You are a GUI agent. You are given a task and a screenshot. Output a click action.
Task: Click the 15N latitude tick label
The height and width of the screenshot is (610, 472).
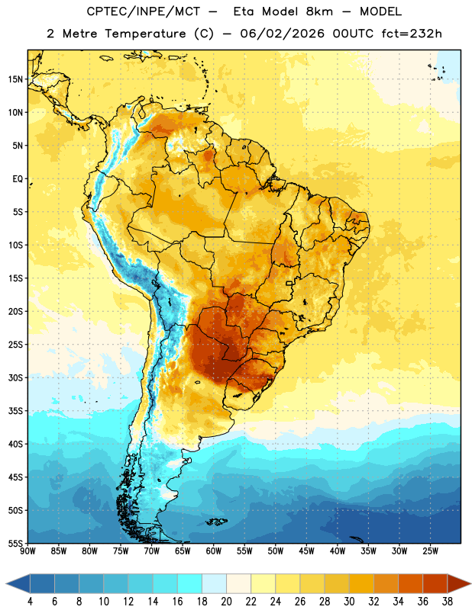(15, 79)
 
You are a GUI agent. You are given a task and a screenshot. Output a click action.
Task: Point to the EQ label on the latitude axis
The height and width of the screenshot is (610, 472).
(18, 179)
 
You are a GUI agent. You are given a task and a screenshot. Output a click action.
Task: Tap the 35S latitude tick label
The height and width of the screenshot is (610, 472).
(15, 411)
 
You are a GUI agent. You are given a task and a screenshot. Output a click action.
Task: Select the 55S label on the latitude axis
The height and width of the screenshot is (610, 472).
(15, 543)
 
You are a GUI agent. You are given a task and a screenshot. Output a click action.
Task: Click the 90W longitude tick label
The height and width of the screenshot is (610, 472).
(27, 551)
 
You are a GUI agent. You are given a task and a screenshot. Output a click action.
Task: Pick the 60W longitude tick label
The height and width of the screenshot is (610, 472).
(214, 551)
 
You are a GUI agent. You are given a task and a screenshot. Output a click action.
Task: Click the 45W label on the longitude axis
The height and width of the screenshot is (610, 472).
(307, 551)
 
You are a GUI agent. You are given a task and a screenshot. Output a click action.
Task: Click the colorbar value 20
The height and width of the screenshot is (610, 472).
(226, 602)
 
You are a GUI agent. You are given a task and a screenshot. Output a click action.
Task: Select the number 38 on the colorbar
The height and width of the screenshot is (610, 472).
(447, 602)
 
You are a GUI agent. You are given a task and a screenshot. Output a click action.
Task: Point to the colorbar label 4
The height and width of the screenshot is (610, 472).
(30, 602)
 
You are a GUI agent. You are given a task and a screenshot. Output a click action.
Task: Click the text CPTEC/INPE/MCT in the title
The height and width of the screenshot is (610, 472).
(143, 11)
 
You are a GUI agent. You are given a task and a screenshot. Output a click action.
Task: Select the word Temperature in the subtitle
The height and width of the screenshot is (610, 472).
(145, 34)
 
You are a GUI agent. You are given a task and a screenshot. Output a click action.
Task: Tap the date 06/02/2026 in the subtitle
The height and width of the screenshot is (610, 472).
(282, 34)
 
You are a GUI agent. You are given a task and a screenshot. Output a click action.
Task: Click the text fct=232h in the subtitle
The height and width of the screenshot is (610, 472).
(412, 34)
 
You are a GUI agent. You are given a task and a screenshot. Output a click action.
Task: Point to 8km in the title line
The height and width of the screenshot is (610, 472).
(319, 11)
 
